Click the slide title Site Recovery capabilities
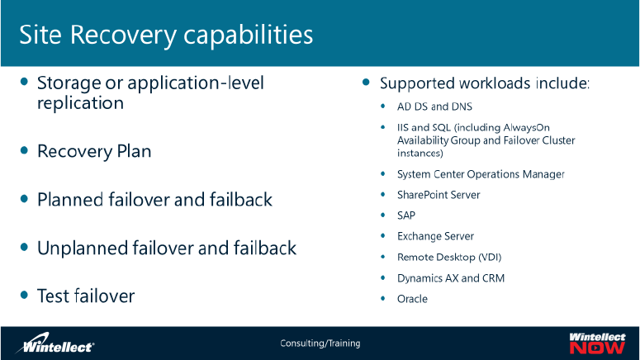[x=166, y=35]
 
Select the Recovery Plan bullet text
[x=94, y=152]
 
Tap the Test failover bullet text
[x=86, y=296]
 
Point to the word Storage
[x=67, y=83]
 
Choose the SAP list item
[x=406, y=216]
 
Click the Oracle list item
[x=412, y=299]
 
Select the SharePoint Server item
[x=439, y=195]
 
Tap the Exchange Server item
[x=435, y=236]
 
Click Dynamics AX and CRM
[x=450, y=278]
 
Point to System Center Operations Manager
[x=481, y=174]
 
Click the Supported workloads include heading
[x=484, y=84]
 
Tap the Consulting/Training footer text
[x=320, y=343]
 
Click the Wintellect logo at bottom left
[x=58, y=343]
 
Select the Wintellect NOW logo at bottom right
[x=596, y=343]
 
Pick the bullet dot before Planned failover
[x=25, y=199]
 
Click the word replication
[x=80, y=103]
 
